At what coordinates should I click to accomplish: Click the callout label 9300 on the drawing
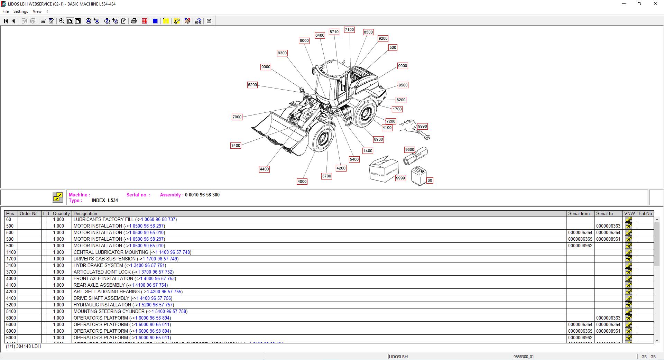point(282,53)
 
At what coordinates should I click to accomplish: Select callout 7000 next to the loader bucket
point(237,117)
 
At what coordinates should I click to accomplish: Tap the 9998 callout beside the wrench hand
point(422,126)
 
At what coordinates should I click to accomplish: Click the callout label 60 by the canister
point(430,180)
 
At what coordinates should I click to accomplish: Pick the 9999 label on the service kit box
point(400,178)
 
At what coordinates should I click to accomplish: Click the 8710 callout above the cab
point(334,31)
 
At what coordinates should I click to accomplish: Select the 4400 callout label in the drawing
point(264,169)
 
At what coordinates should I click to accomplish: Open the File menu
point(6,11)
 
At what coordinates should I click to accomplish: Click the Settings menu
point(21,11)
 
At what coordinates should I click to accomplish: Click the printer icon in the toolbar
point(134,21)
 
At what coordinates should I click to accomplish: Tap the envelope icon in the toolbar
point(209,21)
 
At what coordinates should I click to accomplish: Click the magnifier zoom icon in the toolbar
point(62,21)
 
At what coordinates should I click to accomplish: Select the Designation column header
point(85,213)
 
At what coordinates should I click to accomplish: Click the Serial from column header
point(579,213)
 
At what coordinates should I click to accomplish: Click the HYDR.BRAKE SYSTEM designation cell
point(98,265)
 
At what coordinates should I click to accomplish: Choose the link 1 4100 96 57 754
point(149,285)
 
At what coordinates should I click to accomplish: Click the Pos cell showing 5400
point(11,311)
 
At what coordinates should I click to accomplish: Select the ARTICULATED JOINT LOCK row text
point(102,272)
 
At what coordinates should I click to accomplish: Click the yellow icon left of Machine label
point(58,197)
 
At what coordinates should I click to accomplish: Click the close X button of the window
point(655,4)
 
